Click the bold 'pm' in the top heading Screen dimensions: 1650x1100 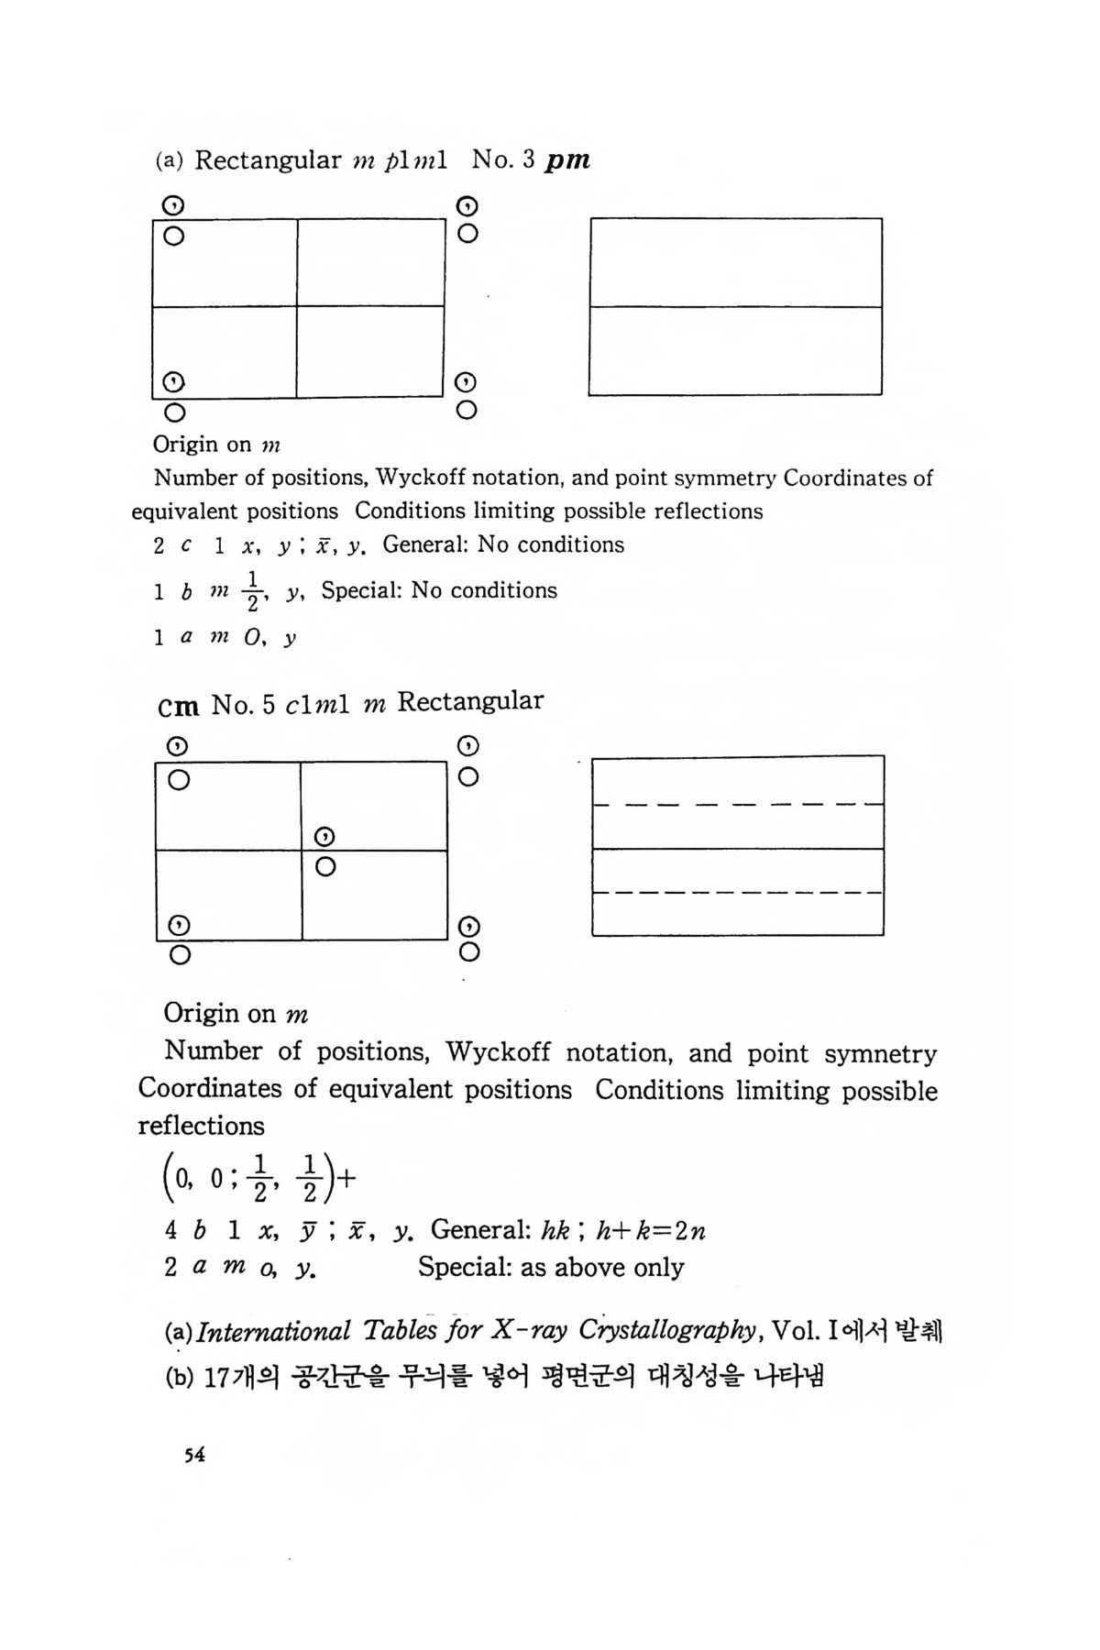pyautogui.click(x=567, y=160)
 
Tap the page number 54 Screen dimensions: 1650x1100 pyautogui.click(x=193, y=1455)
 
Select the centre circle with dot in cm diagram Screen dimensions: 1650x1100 pyautogui.click(x=324, y=837)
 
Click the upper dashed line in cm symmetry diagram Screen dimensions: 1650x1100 pyautogui.click(x=738, y=804)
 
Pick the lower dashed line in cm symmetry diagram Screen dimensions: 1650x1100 pyautogui.click(x=738, y=892)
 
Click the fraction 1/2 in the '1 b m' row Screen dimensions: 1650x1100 pyautogui.click(x=254, y=590)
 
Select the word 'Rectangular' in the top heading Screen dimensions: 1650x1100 pyautogui.click(x=268, y=160)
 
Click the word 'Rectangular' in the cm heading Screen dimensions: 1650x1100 pyautogui.click(x=469, y=701)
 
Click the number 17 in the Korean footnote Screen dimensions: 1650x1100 pyautogui.click(x=215, y=1377)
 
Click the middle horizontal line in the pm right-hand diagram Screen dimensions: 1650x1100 pyautogui.click(x=735, y=307)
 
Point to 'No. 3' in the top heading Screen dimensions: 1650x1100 pyautogui.click(x=503, y=160)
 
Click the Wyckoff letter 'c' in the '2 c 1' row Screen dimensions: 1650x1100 pyautogui.click(x=187, y=545)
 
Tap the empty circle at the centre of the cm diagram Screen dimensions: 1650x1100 pyautogui.click(x=324, y=866)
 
